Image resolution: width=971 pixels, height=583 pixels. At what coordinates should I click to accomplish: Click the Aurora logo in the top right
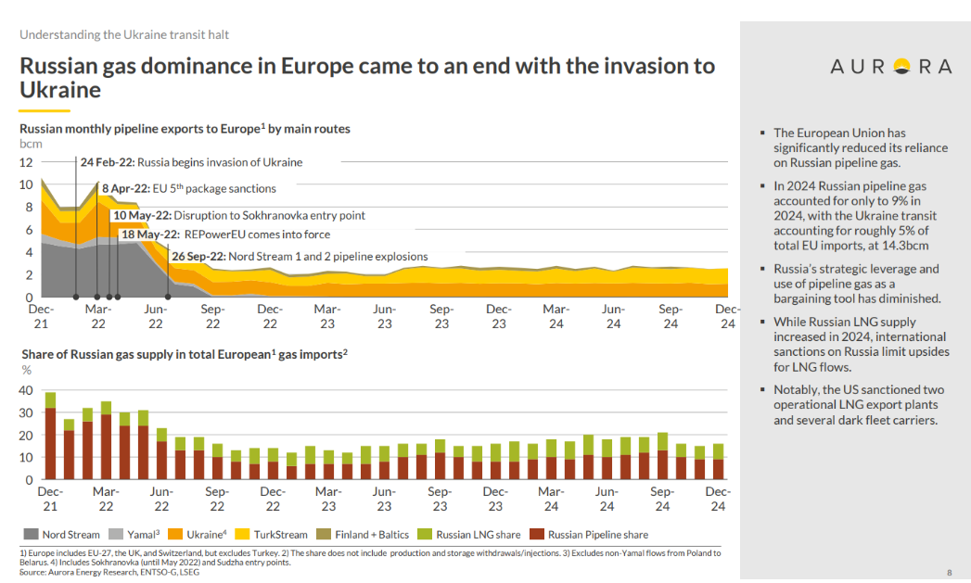click(890, 66)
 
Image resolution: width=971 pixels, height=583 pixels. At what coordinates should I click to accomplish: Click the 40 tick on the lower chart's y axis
click(26, 390)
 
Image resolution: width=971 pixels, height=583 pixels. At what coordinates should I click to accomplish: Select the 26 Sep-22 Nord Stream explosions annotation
click(300, 256)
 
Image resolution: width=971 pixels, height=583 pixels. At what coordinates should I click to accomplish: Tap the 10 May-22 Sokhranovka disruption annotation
click(238, 215)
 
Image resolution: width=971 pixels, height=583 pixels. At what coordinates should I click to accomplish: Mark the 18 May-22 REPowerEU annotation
click(225, 234)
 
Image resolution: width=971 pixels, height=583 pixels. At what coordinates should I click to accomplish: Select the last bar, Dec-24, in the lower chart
click(719, 462)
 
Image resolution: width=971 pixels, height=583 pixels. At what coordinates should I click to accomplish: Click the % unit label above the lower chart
click(26, 371)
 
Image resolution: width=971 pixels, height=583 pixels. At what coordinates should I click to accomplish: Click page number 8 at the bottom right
click(949, 572)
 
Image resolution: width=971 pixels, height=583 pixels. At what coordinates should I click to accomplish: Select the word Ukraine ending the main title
click(60, 90)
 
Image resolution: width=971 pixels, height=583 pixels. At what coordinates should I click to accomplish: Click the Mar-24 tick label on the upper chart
click(556, 316)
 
